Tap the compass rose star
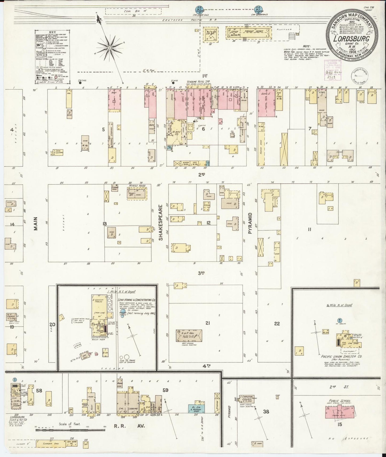pyautogui.click(x=109, y=48)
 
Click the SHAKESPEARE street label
pyautogui.click(x=161, y=223)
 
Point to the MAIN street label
pyautogui.click(x=36, y=223)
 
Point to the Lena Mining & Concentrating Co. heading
pyautogui.click(x=137, y=300)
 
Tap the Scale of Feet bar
pyautogui.click(x=71, y=430)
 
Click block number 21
pyautogui.click(x=208, y=323)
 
